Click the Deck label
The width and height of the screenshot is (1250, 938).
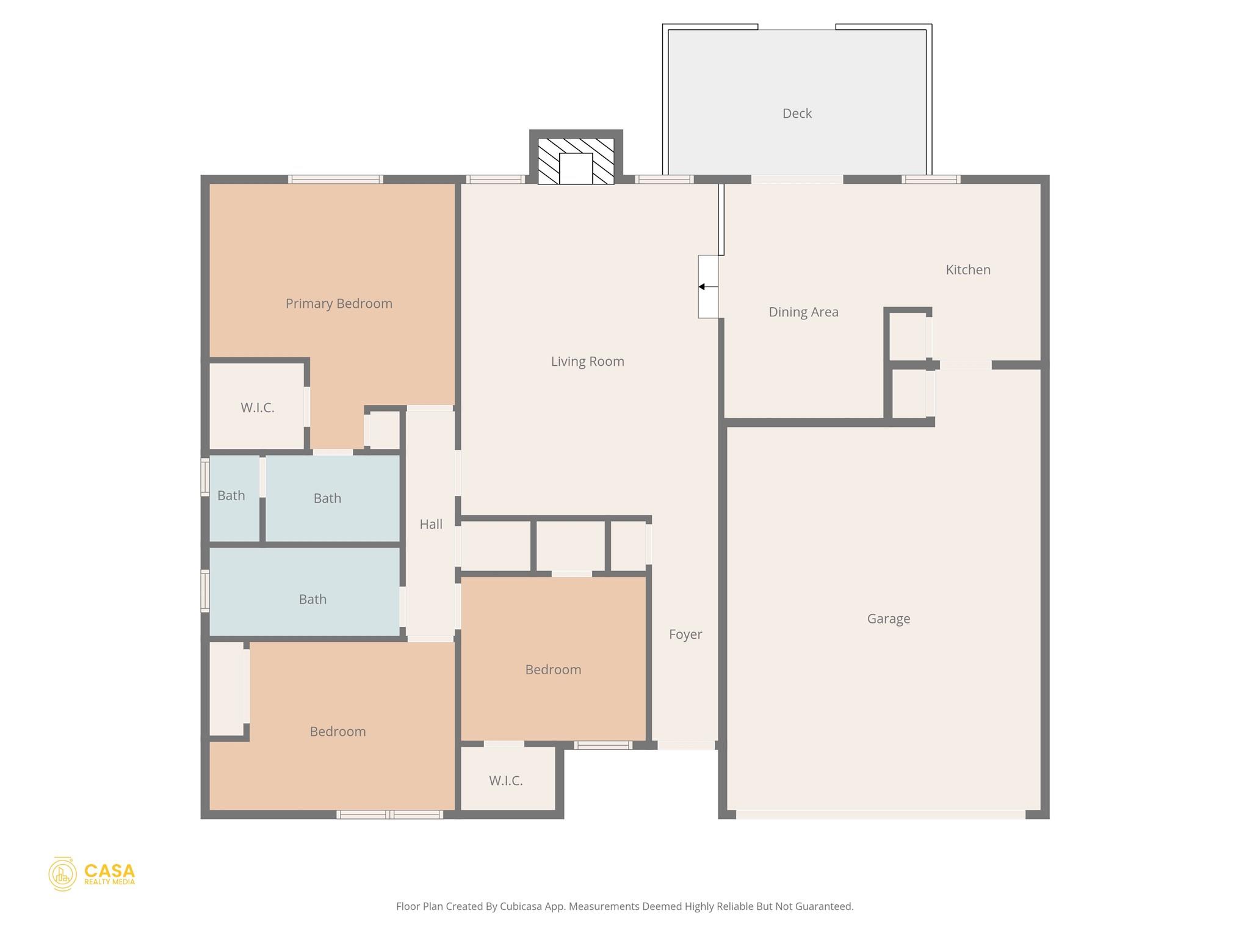(797, 114)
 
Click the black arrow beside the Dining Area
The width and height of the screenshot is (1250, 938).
(703, 287)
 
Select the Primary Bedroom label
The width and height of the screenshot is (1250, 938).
(339, 304)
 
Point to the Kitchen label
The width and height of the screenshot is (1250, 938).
(967, 270)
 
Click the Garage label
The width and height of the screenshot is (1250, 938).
(888, 619)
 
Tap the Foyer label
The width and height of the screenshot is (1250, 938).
(685, 634)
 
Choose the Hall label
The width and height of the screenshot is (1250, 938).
(431, 524)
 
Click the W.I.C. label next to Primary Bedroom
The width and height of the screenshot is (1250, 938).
(257, 408)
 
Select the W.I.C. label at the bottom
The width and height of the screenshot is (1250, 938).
(505, 780)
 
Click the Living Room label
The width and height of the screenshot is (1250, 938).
(587, 362)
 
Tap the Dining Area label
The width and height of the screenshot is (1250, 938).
(803, 312)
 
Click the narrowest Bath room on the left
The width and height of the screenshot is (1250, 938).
(231, 496)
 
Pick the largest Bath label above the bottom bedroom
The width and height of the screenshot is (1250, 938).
(312, 600)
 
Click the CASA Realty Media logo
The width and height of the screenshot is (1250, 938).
(92, 873)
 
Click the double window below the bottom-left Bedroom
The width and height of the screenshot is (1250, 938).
(389, 814)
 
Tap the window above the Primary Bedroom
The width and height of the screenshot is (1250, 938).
(335, 180)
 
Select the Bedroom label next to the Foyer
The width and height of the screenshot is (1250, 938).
(553, 670)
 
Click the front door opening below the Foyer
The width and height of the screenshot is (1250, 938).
(685, 746)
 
